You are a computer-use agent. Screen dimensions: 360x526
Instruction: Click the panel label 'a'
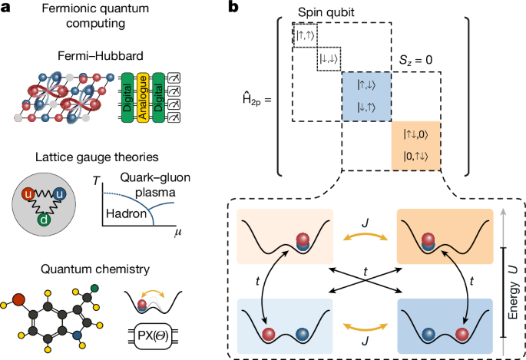pos(7,8)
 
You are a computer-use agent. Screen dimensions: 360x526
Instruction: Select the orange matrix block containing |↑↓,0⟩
pos(418,145)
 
